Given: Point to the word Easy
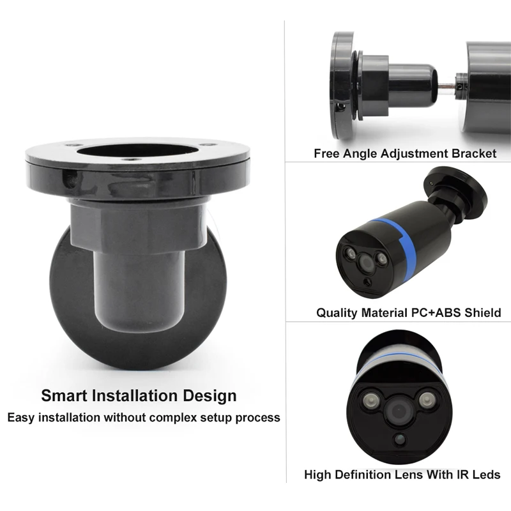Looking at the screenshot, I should click(21, 418).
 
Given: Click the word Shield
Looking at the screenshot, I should click(482, 313).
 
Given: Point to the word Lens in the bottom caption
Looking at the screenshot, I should click(420, 475).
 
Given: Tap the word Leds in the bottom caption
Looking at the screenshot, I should click(485, 475).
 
